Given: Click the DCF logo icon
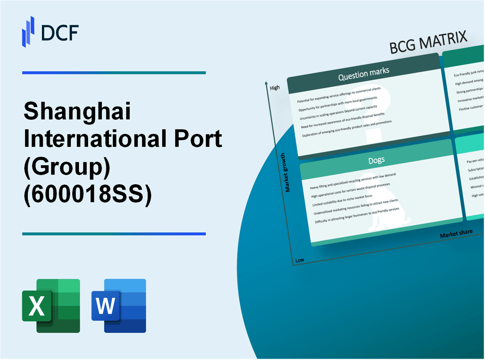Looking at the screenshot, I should point(28,31).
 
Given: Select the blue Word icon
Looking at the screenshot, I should point(119,305).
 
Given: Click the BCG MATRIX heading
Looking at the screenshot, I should point(428,43).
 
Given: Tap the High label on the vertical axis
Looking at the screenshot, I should point(275,88).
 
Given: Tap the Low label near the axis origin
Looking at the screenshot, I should point(299,260).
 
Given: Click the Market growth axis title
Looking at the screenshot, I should point(288,172).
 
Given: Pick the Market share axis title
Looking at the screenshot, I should point(456,234).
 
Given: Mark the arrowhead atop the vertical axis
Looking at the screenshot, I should point(267,82).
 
